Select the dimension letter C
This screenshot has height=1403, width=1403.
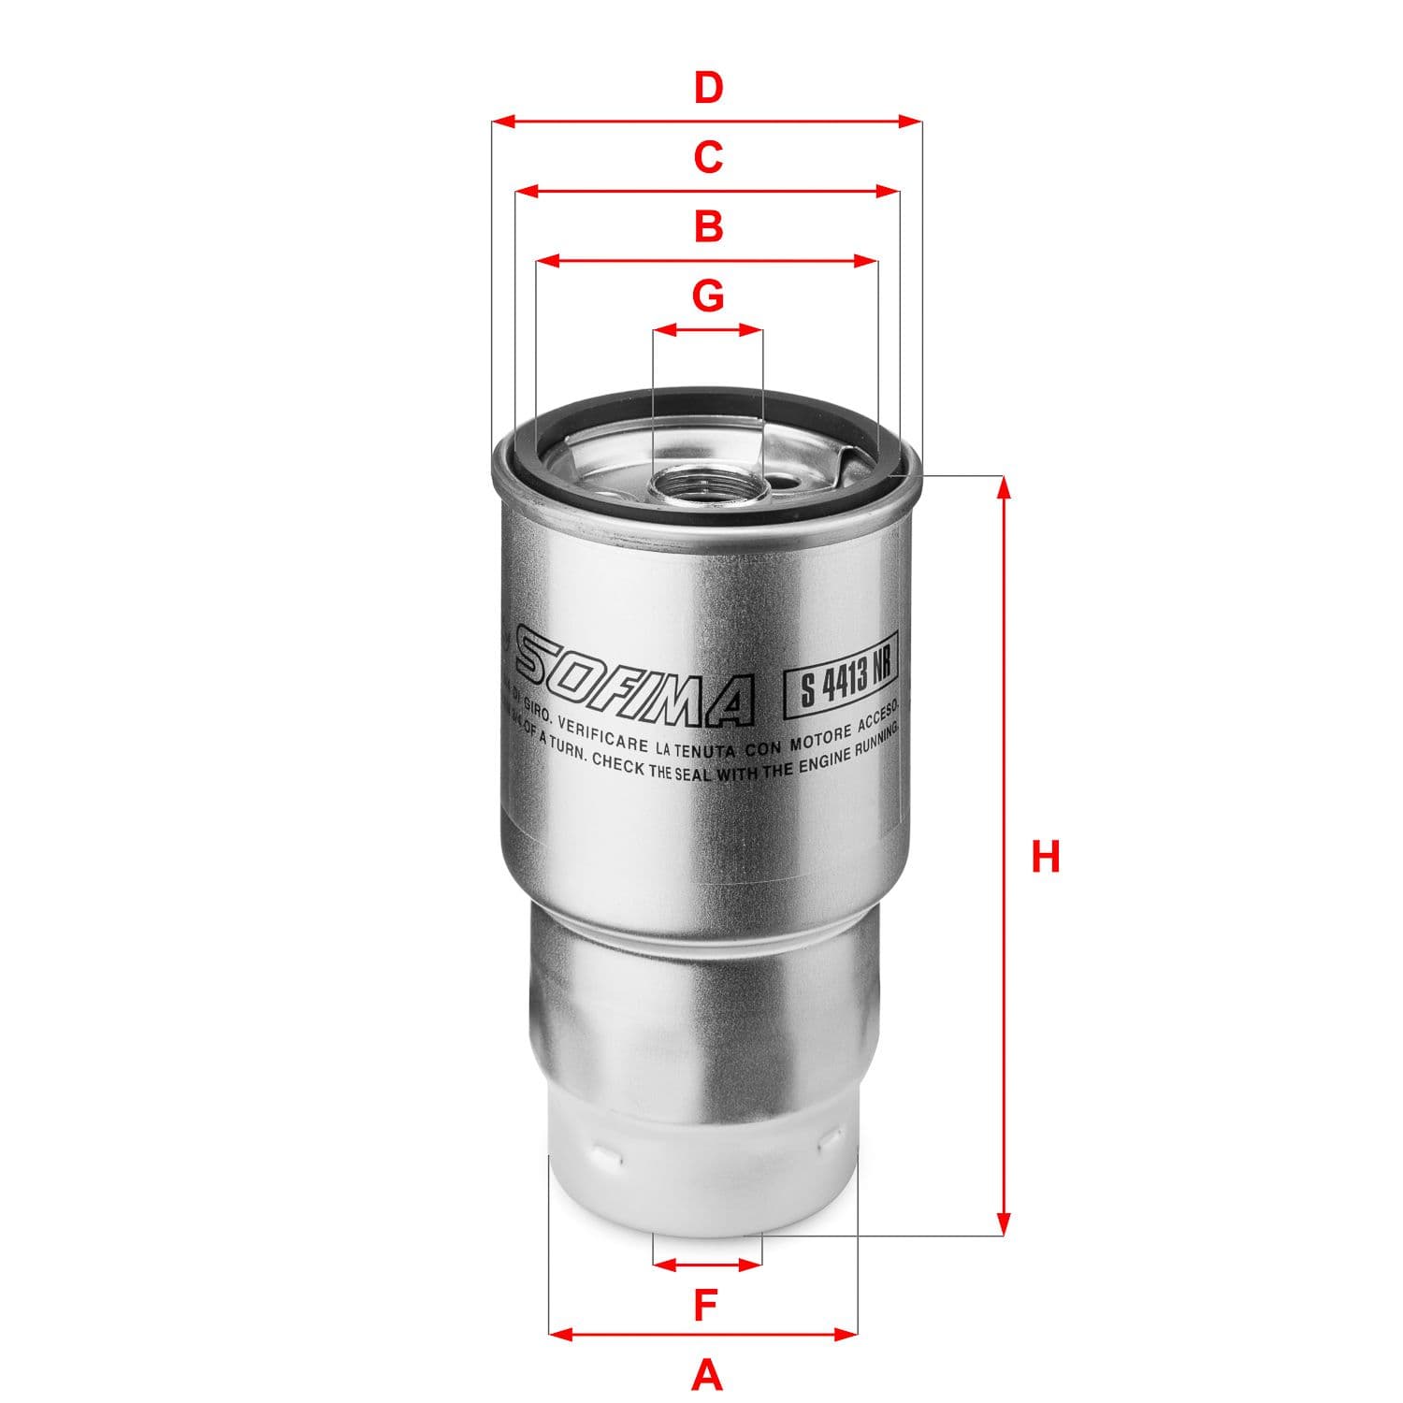point(708,157)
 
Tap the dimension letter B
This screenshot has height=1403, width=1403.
point(708,226)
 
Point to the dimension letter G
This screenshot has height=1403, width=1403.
point(708,296)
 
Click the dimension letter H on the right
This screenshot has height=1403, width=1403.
point(1045,857)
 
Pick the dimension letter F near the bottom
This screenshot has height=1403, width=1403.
point(706,1305)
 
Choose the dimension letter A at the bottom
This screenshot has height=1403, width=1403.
point(706,1374)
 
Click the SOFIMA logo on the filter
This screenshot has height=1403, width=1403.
point(636,679)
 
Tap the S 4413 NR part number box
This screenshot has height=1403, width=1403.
point(839,680)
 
